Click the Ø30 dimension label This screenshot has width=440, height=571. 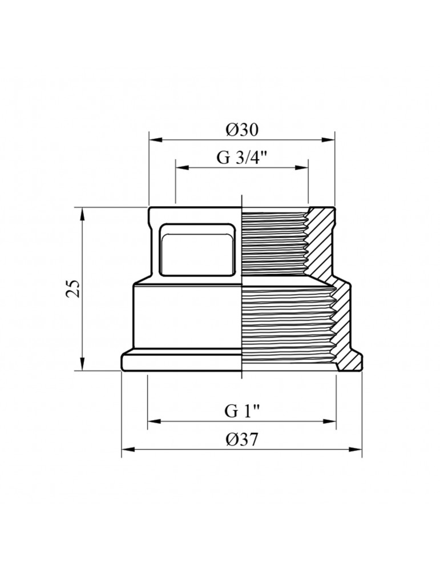tap(241, 130)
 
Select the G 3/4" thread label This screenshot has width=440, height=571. tap(241, 158)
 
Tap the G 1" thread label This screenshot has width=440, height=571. tap(241, 411)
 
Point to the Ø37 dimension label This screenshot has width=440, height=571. tap(241, 440)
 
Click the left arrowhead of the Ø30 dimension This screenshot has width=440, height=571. tap(155, 139)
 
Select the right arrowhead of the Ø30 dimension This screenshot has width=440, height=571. tap(328, 139)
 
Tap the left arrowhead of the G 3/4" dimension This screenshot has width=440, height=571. tap(182, 167)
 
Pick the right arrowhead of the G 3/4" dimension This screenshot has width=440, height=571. tap(302, 167)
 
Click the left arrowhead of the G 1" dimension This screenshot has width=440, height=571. tap(154, 421)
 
